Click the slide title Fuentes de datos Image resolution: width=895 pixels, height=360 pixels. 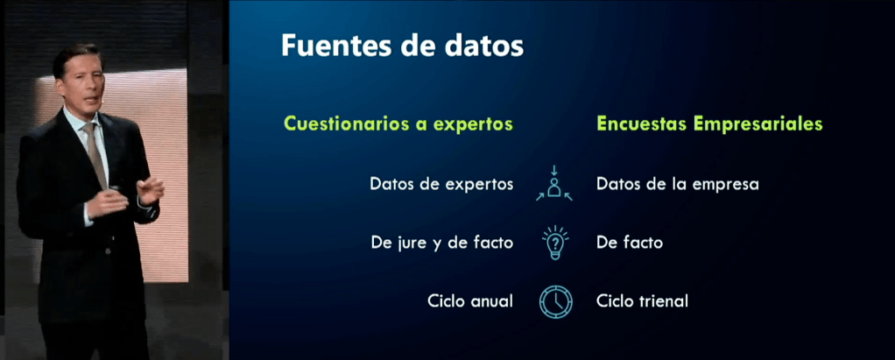[402, 46]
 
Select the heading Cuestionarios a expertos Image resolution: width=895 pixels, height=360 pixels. [398, 124]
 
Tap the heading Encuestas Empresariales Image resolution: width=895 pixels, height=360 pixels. [709, 124]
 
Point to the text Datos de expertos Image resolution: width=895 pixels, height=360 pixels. [441, 184]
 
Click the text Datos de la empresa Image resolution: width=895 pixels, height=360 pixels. [678, 184]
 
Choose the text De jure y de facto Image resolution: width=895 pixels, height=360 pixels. [441, 243]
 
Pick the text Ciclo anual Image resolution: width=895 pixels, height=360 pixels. [469, 300]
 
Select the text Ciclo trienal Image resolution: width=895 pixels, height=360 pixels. [642, 300]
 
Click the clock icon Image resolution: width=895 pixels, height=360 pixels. [555, 301]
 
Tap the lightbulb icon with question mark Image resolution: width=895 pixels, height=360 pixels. [554, 243]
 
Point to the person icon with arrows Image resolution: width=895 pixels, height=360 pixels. [553, 183]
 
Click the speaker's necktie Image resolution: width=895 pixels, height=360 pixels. [95, 155]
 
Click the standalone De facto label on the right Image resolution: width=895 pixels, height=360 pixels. [630, 243]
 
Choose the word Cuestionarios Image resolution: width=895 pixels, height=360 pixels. [345, 124]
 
